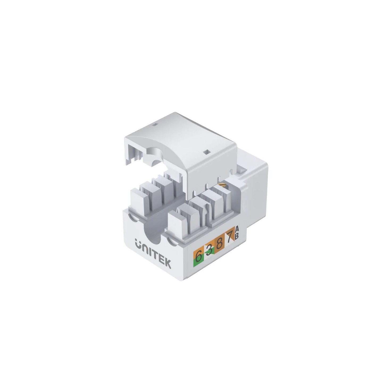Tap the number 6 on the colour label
pyautogui.click(x=198, y=256)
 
